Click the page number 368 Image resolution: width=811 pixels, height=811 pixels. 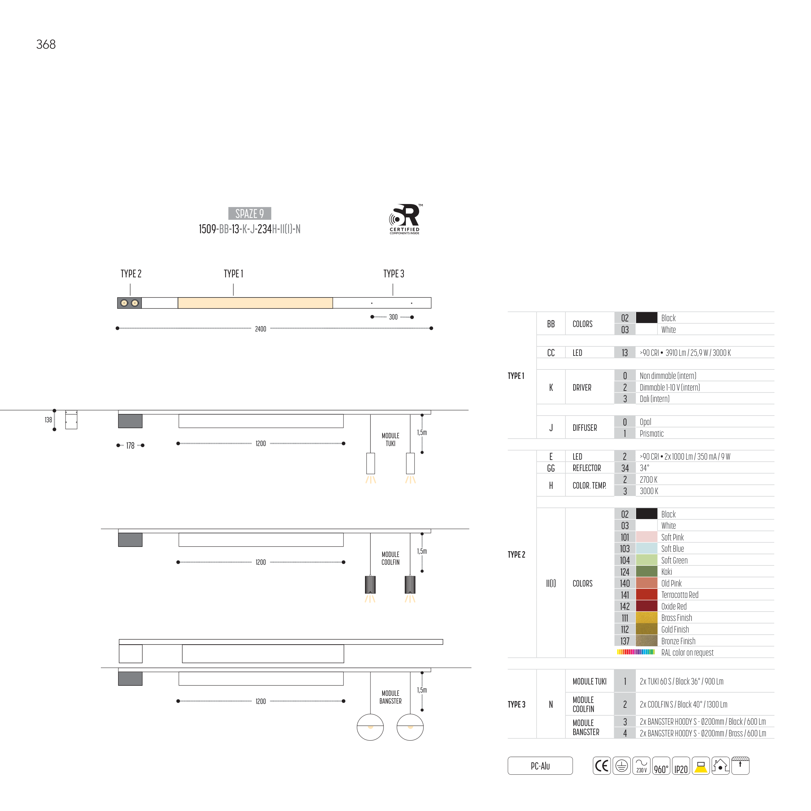[x=46, y=44]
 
